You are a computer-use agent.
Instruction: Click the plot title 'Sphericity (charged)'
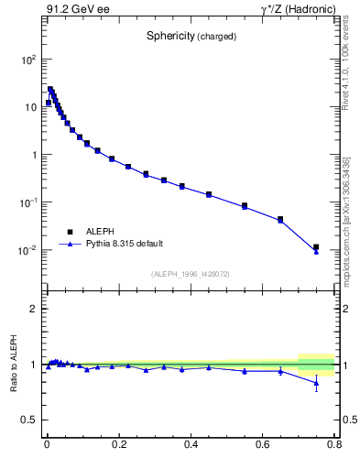192,37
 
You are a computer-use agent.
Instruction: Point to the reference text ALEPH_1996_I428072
191,274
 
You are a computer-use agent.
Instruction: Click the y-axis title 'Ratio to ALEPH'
16,365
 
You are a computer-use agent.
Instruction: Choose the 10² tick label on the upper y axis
28,60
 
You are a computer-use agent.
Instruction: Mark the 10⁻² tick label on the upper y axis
28,250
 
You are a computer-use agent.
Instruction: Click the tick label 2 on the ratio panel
33,310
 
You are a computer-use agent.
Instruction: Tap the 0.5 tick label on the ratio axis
28,420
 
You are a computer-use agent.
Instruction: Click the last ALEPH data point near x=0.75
316,247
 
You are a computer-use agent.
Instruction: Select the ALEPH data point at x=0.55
245,206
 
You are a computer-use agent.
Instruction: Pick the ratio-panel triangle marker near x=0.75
316,383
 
